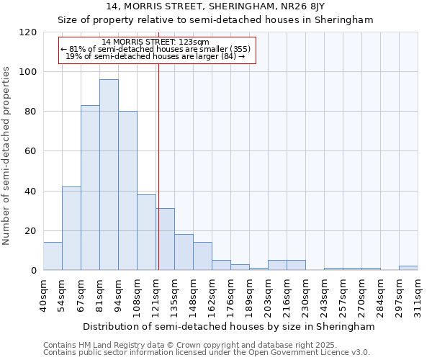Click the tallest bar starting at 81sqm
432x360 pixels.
[109, 175]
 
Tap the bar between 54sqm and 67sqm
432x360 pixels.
[71, 228]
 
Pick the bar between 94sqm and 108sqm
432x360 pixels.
[127, 191]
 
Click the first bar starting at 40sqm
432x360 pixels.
[53, 256]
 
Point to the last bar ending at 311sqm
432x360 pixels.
[408, 268]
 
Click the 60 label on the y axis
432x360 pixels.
[31, 151]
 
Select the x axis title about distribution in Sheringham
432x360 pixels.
[229, 326]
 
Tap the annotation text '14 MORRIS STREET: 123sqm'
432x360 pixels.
[156, 42]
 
